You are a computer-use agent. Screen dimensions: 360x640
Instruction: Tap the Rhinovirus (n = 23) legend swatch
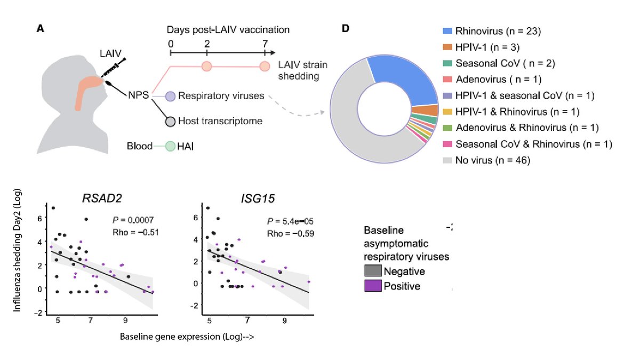point(446,32)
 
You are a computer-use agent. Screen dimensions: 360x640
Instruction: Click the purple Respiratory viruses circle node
point(170,97)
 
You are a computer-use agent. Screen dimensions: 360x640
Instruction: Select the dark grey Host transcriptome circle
point(170,121)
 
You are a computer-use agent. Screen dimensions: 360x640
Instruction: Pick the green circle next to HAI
point(170,146)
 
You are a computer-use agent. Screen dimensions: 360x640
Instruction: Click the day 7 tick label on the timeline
point(265,43)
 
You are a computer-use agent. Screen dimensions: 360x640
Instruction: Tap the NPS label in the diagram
point(137,97)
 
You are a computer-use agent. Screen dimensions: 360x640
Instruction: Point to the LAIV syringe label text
point(110,53)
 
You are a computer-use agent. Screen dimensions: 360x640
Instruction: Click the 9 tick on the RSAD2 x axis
point(125,319)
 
